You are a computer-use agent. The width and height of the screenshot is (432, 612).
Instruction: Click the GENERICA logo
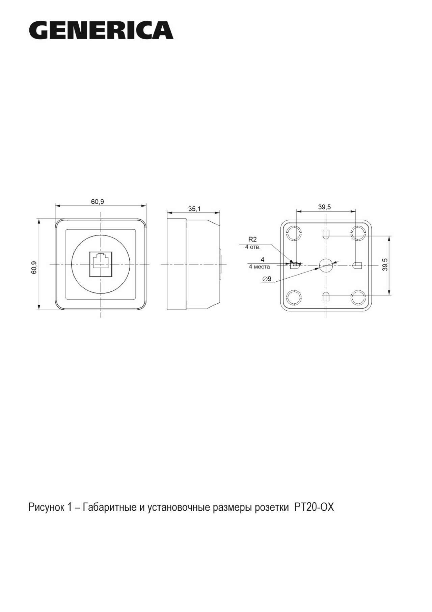coord(101,30)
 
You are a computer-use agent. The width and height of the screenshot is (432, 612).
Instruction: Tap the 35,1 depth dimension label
coord(194,209)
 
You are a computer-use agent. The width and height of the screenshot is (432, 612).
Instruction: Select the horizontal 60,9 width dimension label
coord(98,202)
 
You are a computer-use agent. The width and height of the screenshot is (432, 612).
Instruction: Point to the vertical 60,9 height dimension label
coord(34,267)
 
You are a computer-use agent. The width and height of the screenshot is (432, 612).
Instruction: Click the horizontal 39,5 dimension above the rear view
coord(324,207)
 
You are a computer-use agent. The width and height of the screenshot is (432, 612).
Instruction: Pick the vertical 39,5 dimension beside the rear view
coord(385,265)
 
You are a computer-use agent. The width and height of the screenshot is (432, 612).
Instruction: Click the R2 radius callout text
coord(252,239)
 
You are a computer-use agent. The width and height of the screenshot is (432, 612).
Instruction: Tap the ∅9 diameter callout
coord(267,279)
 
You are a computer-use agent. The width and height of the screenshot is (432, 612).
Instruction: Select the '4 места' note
coord(259,267)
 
